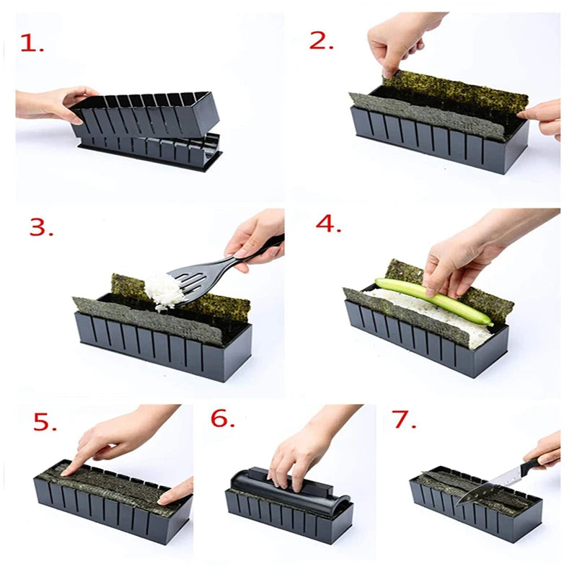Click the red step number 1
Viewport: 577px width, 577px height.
pyautogui.click(x=32, y=43)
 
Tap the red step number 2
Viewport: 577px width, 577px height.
pyautogui.click(x=321, y=41)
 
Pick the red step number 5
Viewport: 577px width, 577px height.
pyautogui.click(x=45, y=422)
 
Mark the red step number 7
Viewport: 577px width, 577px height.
pyautogui.click(x=405, y=420)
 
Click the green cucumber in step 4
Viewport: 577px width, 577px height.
pyautogui.click(x=434, y=301)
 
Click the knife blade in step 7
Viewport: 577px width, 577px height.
pyautogui.click(x=490, y=485)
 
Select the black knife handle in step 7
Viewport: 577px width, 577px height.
pyautogui.click(x=537, y=462)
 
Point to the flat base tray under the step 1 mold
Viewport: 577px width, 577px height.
pyautogui.click(x=151, y=154)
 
